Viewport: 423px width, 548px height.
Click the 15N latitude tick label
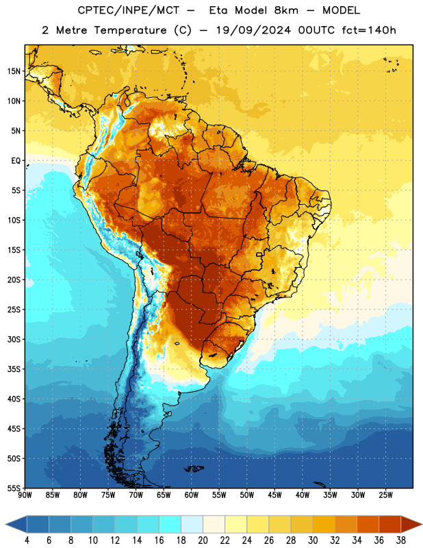14,71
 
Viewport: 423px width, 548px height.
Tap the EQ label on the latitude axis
16,161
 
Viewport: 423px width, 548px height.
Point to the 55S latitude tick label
14,488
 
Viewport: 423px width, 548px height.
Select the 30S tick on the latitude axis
14,339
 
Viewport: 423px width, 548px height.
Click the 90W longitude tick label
25,495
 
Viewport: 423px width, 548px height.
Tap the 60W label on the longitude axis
192,495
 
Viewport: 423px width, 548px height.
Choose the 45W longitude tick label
275,495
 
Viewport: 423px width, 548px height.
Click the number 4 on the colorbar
27,540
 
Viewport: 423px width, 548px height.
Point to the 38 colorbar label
400,540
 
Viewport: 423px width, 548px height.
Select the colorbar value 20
203,540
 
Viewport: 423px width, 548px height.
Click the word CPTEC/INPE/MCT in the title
128,10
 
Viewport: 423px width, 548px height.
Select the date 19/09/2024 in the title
253,30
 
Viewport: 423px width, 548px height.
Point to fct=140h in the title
369,30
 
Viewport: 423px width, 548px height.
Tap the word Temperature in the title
130,31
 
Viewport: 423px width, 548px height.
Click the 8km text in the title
286,10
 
